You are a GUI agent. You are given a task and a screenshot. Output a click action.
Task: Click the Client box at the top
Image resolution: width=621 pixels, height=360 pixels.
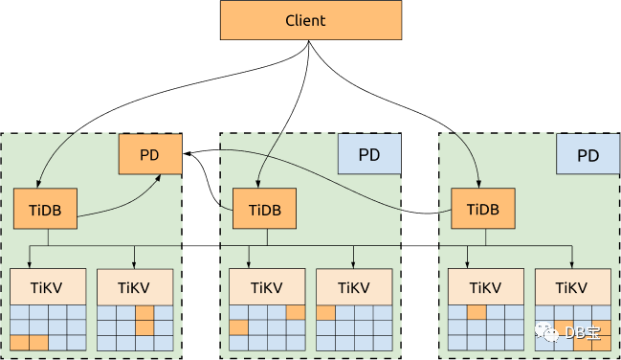[x=311, y=20]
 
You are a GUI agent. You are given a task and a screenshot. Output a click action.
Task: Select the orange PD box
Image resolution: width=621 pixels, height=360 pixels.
[x=150, y=154]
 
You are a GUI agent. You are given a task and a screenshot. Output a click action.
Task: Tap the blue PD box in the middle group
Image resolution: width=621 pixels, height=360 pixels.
[x=369, y=154]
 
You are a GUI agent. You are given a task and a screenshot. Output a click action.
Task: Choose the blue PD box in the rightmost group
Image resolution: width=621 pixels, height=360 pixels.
[x=588, y=154]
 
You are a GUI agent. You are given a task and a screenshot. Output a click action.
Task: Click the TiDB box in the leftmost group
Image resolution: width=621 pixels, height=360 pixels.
[x=45, y=209]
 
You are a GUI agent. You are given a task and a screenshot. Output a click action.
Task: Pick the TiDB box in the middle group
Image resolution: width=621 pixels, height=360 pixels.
[x=264, y=209]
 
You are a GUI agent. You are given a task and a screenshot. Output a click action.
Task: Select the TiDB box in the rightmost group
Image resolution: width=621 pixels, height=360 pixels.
[x=483, y=209]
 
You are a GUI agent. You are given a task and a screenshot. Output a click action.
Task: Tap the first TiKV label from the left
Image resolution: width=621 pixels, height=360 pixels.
[x=46, y=287]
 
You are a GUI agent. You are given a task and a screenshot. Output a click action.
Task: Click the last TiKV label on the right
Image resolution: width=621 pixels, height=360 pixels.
[x=571, y=287]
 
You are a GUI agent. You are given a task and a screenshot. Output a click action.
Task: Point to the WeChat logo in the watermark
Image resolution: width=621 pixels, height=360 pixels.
[x=546, y=332]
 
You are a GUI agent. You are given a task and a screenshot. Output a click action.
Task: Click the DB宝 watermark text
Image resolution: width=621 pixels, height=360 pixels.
[x=582, y=333]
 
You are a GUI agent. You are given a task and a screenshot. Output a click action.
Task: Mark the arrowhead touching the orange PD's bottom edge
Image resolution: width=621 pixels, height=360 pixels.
[x=158, y=178]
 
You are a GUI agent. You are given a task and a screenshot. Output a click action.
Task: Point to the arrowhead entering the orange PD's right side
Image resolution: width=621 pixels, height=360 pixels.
[x=187, y=153]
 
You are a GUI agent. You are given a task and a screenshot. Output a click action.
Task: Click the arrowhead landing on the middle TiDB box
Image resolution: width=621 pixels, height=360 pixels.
[x=257, y=184]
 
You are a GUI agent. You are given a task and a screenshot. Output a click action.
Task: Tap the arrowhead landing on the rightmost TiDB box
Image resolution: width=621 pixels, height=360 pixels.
[x=478, y=184]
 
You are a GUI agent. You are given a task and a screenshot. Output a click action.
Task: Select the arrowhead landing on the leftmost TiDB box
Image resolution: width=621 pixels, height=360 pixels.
[x=38, y=184]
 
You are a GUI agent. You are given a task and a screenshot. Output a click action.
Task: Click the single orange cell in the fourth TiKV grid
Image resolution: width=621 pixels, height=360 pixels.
[x=326, y=313]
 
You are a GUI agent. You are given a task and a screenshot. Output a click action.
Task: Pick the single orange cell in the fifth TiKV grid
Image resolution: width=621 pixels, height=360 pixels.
[x=477, y=313]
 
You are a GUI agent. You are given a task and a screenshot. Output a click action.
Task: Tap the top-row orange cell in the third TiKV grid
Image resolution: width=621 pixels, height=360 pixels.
[x=296, y=313]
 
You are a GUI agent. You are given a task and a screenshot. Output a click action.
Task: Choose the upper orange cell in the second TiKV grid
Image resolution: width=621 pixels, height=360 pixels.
[x=144, y=313]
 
